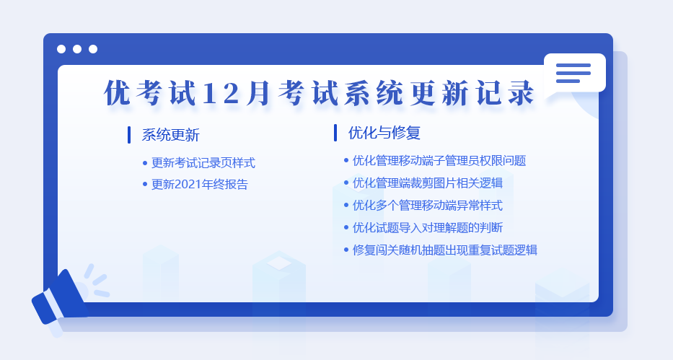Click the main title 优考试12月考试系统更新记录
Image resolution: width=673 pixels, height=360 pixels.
coord(320,92)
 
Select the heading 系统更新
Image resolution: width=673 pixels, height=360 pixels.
coord(171,135)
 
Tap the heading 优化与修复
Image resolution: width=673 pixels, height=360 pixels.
coord(384,133)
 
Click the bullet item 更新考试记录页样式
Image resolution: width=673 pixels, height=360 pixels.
coord(203,163)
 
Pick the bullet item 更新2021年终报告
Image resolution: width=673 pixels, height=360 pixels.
coord(200,185)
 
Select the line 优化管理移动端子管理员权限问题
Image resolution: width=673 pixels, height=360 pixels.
coord(439,161)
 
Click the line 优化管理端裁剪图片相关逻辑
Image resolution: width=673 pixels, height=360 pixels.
coord(428,183)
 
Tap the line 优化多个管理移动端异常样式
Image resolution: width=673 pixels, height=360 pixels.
coord(428,206)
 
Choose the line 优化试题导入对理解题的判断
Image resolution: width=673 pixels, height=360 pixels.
coord(428,228)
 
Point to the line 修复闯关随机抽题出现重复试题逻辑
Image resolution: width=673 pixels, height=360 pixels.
coord(444,250)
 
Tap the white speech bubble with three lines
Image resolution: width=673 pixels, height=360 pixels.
coord(575,74)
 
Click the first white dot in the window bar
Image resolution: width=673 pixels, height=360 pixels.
coord(61,49)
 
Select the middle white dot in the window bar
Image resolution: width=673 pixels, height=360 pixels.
coord(77,49)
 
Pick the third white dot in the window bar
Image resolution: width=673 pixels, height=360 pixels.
coord(93,49)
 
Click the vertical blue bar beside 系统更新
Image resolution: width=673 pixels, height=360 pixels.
coord(129,135)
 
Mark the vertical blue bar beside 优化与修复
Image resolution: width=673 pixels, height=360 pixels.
coord(335,133)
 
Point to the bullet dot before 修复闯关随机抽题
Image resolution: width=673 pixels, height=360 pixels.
coord(346,250)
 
